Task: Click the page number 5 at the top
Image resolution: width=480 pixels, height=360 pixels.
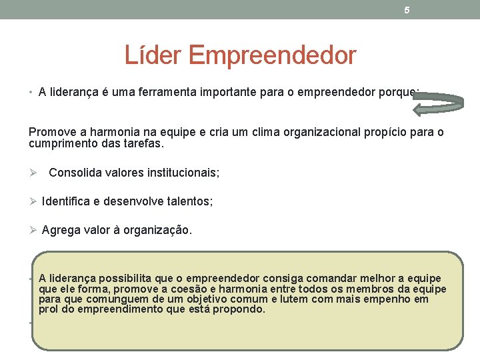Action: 407,10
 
